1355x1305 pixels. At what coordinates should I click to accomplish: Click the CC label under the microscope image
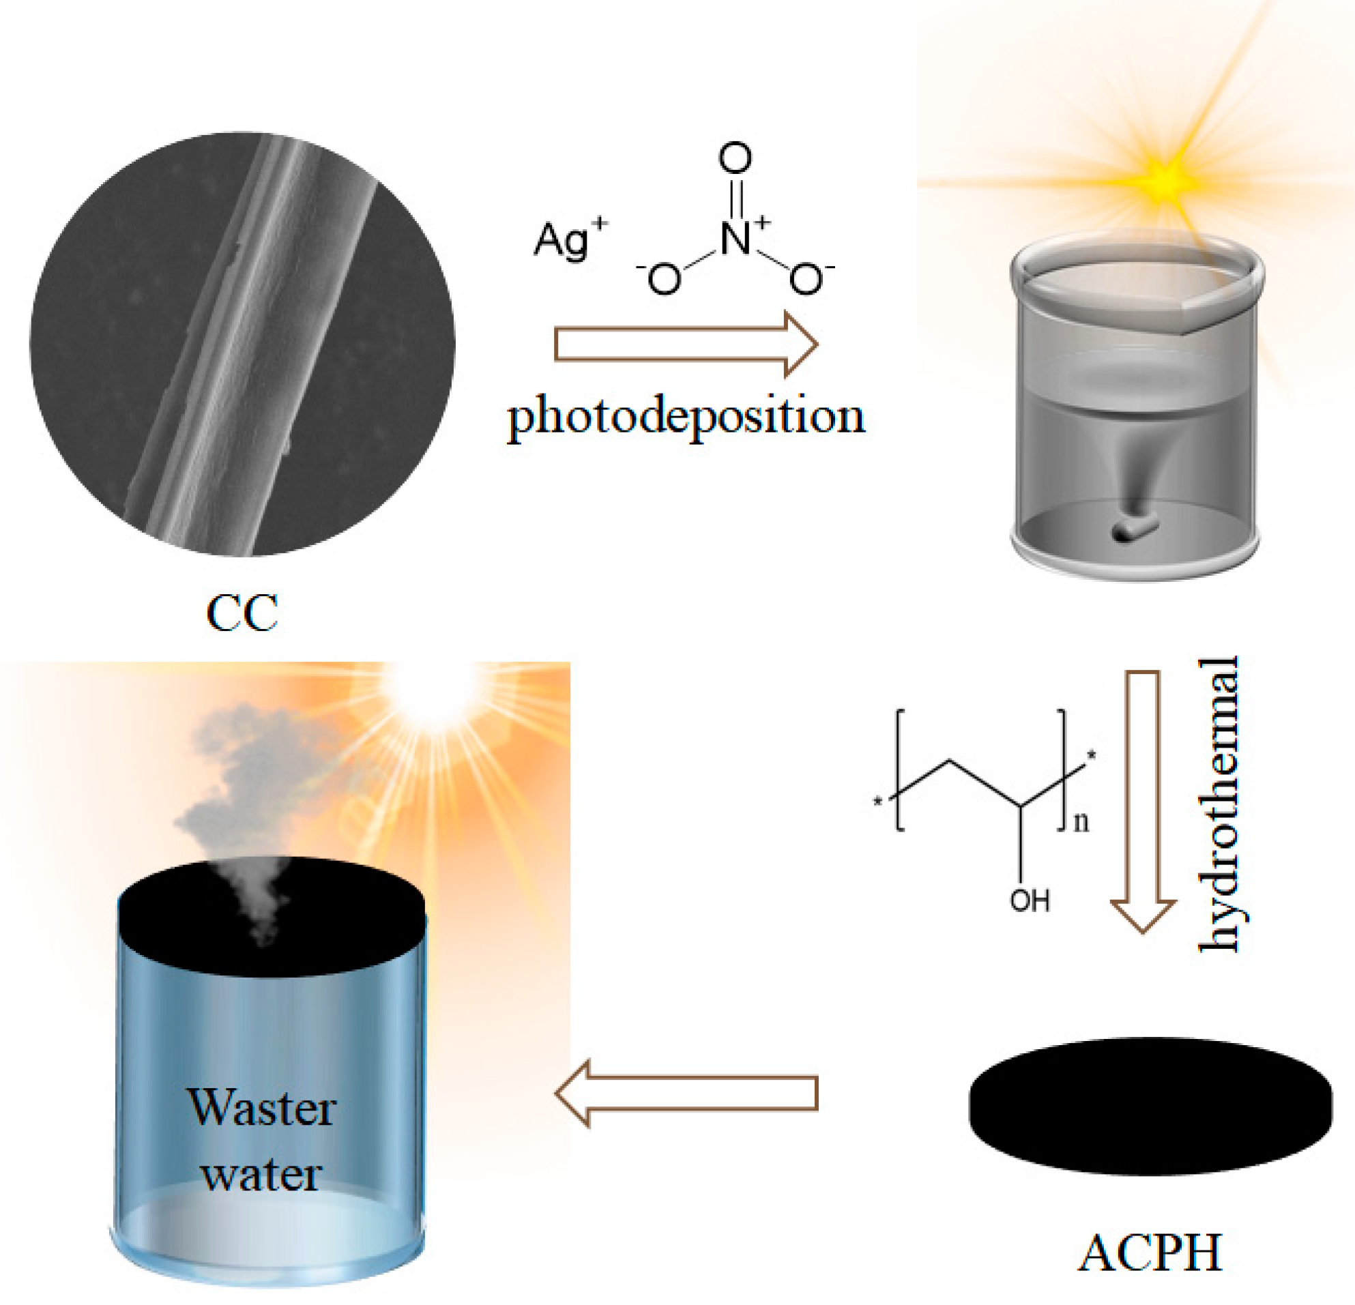tap(242, 613)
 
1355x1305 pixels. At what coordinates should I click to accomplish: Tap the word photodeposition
tap(686, 418)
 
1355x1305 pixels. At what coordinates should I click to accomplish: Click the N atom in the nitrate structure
tap(735, 239)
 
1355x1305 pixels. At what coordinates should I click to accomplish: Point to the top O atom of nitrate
tap(735, 158)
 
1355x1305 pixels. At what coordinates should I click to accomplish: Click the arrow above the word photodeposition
tap(686, 344)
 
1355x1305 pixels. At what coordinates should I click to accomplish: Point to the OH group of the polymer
tap(1030, 901)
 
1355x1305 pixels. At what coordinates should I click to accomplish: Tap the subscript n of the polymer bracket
tap(1081, 823)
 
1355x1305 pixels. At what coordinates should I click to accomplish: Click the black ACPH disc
tap(1150, 1105)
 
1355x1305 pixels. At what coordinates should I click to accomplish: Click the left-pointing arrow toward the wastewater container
tap(686, 1094)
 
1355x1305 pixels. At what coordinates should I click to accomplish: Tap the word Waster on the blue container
tap(262, 1108)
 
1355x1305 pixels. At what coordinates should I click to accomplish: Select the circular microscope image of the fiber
tap(242, 344)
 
